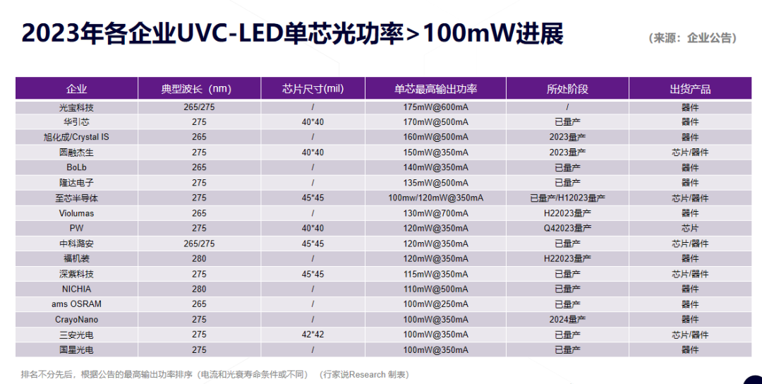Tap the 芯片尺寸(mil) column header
point(313,89)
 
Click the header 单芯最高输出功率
point(435,89)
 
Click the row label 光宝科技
point(76,107)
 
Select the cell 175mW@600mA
point(435,107)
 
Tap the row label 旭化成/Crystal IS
point(76,137)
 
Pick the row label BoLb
point(76,167)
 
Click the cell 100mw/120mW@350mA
point(435,198)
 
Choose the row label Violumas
point(76,213)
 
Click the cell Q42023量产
point(567,228)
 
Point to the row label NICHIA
point(76,289)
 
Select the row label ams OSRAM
point(76,304)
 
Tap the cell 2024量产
point(567,319)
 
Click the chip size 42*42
point(313,335)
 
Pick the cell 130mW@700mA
point(435,213)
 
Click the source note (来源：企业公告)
point(692,38)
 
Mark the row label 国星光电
point(76,349)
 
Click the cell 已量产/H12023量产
point(567,198)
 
